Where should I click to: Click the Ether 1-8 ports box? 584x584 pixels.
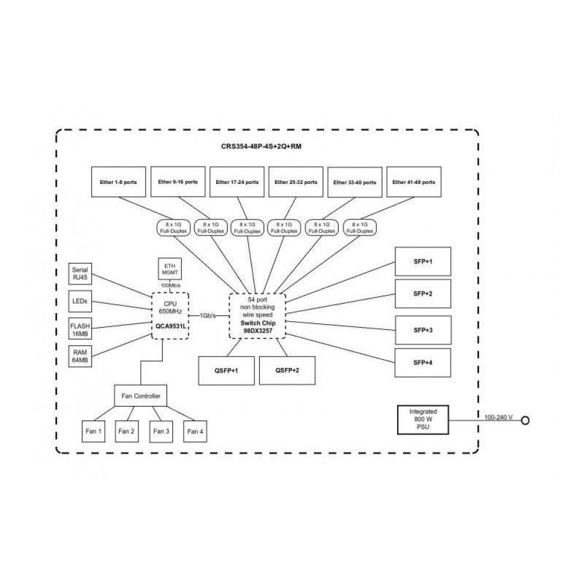(119, 182)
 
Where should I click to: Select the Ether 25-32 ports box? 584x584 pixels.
(296, 182)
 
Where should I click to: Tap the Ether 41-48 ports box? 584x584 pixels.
(413, 182)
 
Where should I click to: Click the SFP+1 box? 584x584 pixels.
(423, 261)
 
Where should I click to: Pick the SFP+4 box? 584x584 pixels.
(423, 363)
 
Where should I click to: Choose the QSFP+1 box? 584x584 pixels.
(227, 370)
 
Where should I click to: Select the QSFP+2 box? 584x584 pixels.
(287, 370)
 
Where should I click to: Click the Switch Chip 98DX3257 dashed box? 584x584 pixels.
(257, 315)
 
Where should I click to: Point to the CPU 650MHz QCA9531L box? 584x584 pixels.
(172, 315)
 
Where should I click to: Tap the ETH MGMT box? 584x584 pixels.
(170, 269)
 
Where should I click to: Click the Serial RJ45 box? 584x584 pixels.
(80, 274)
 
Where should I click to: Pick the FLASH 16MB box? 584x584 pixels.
(80, 328)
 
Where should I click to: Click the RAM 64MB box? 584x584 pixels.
(80, 356)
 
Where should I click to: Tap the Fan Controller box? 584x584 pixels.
(140, 397)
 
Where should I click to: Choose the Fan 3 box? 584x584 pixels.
(162, 431)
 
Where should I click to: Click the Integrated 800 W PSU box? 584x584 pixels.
(423, 420)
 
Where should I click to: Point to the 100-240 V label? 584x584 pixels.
(498, 417)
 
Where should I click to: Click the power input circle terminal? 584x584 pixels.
(525, 420)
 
